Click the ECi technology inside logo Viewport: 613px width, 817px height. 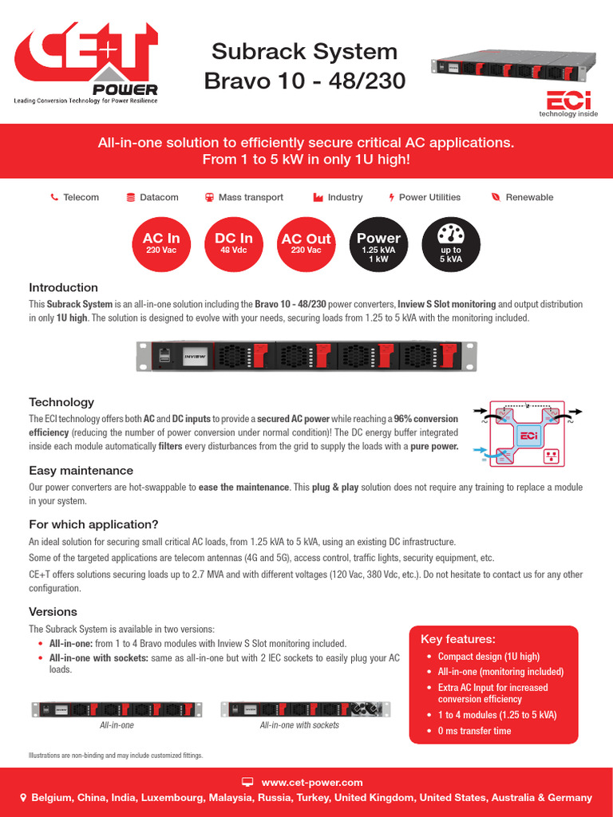tap(570, 103)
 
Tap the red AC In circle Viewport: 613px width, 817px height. tap(161, 243)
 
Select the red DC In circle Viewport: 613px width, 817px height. tap(234, 243)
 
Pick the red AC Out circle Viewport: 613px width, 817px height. tap(306, 243)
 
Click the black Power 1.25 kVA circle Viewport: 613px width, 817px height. tap(378, 243)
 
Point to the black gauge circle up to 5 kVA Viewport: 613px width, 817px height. tap(451, 243)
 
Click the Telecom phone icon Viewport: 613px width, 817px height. tap(54, 197)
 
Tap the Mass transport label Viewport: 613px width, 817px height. tap(251, 197)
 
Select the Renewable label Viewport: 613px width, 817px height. tap(529, 197)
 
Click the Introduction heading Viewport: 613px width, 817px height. tap(64, 287)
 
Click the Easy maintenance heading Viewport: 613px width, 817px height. tap(81, 471)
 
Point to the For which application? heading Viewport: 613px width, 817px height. tap(94, 524)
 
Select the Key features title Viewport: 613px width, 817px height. tap(458, 639)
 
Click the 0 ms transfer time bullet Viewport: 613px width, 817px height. tap(474, 731)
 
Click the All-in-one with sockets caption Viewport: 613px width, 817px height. tap(299, 725)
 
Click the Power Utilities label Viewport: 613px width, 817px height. tap(429, 197)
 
